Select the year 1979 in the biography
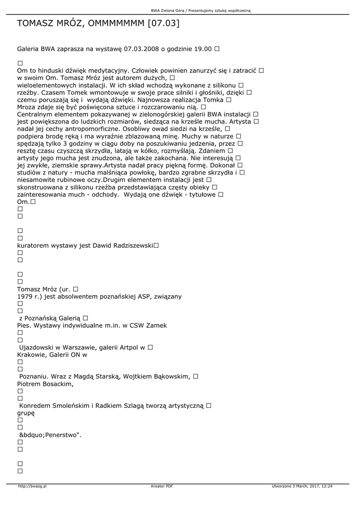click(x=25, y=297)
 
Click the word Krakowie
click(x=33, y=355)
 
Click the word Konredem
click(x=37, y=405)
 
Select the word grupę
click(x=26, y=413)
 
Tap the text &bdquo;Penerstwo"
click(x=50, y=435)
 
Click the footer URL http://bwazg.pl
click(x=32, y=486)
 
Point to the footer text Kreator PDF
click(x=162, y=486)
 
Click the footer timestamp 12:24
click(x=327, y=486)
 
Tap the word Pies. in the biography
click(x=25, y=325)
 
